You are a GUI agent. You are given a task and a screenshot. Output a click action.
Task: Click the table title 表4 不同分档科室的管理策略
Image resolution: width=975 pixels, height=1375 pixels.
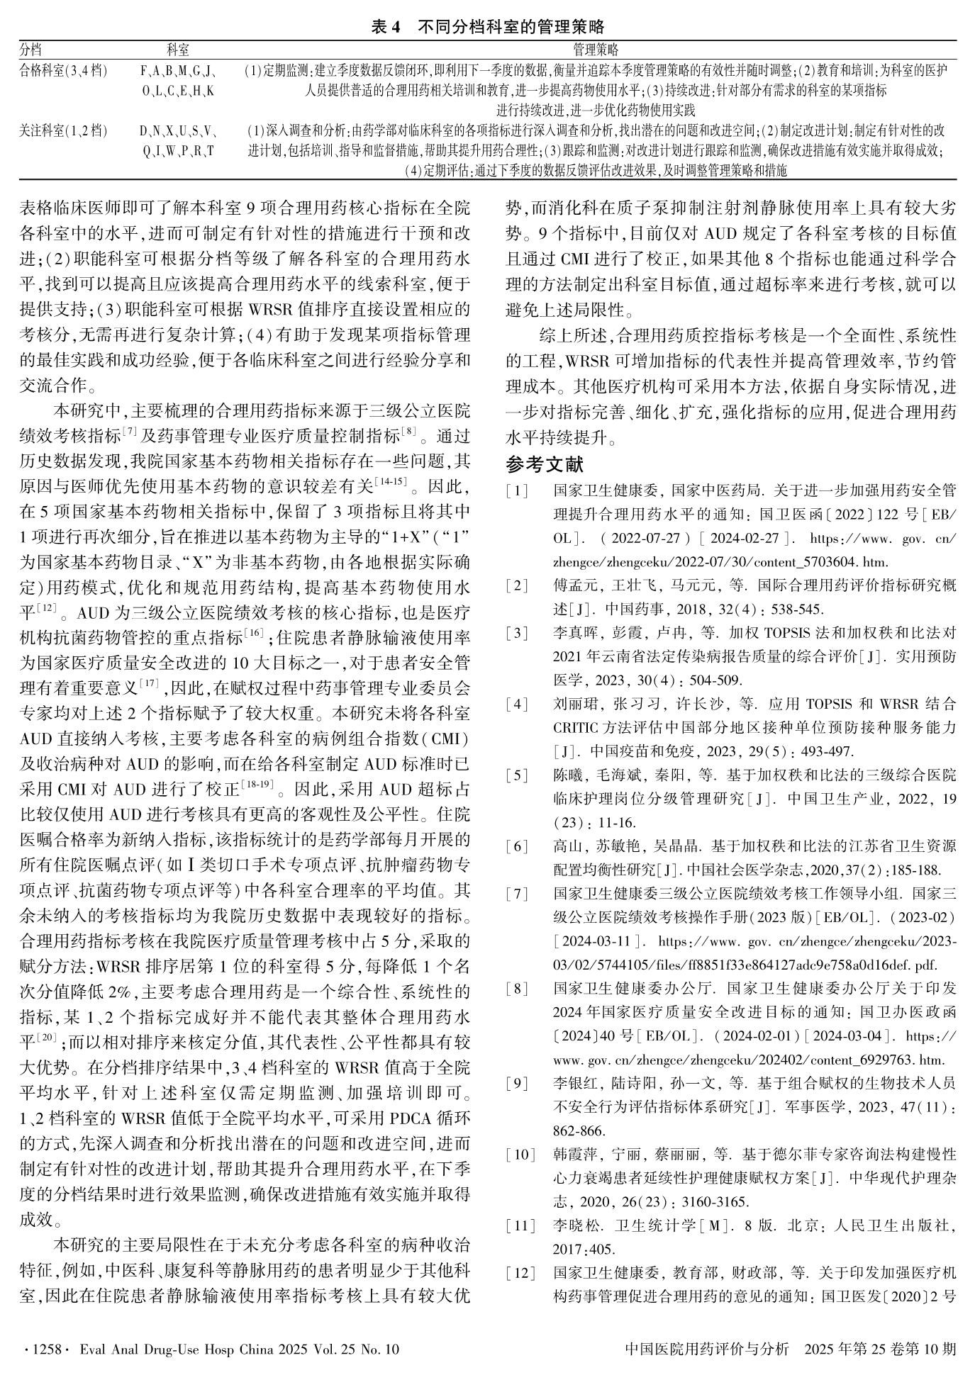[x=488, y=28]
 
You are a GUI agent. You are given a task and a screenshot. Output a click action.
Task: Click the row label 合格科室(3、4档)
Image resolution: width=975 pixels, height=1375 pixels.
[x=64, y=71]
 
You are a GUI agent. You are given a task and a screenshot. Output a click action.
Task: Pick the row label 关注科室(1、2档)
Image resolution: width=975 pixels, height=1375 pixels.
[x=64, y=131]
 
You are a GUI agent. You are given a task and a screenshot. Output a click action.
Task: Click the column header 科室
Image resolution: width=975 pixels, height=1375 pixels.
[x=177, y=50]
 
